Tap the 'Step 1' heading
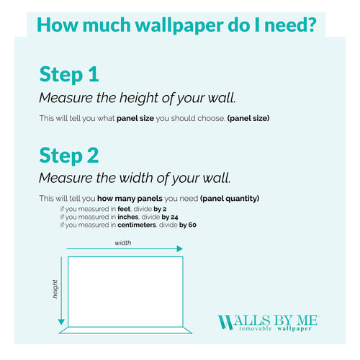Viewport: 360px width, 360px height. pos(68,74)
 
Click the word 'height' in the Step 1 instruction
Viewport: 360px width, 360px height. pos(135,98)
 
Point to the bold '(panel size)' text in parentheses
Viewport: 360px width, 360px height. pos(248,118)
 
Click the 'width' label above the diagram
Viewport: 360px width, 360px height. pos(123,243)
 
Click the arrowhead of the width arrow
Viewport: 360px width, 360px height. pos(179,249)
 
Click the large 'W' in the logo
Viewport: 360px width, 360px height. pos(225,322)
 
